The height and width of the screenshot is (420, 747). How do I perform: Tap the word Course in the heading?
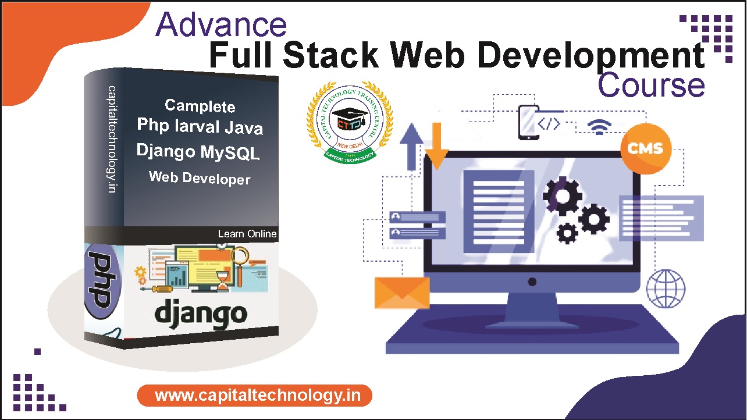[651, 85]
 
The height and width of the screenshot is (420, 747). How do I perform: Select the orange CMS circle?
[645, 148]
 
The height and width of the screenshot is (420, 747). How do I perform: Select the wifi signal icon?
[599, 126]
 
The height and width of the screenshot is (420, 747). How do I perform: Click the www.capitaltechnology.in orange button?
[255, 396]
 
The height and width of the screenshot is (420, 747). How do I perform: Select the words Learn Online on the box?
[247, 234]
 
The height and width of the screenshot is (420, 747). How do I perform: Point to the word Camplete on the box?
[200, 106]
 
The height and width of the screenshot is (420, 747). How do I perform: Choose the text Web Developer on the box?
[200, 178]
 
